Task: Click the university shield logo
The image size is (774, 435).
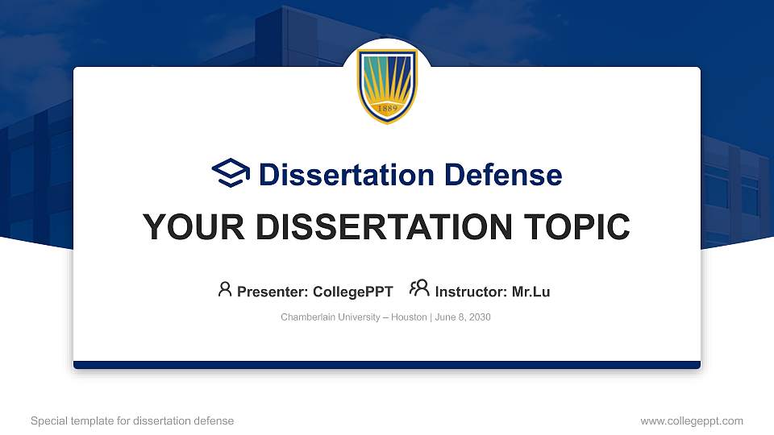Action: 387,85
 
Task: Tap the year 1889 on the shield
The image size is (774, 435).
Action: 387,109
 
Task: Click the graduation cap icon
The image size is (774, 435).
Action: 231,173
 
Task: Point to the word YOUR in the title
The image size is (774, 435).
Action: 185,227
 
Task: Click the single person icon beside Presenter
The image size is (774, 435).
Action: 225,289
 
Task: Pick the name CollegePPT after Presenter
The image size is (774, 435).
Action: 353,292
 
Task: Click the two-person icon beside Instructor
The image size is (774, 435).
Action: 419,289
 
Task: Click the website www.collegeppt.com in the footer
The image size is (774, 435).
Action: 692,420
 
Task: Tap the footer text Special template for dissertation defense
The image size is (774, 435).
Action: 132,420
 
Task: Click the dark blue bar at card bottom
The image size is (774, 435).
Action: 387,365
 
